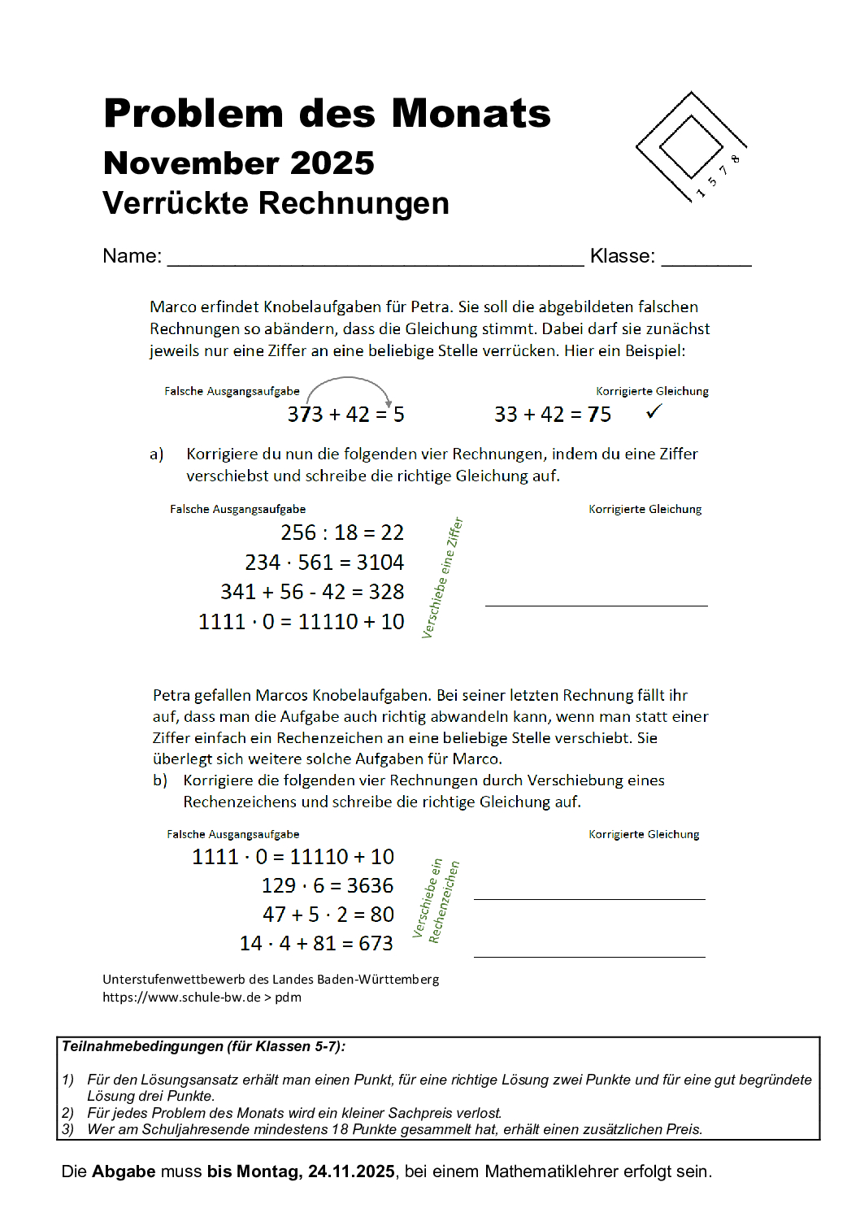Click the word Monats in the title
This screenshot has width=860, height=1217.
tap(471, 113)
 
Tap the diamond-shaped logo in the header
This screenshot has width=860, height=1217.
tap(690, 146)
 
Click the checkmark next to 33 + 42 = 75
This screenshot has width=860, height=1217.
tap(654, 412)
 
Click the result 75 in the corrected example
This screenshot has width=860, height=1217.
tap(599, 415)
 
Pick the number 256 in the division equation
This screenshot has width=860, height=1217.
tap(298, 532)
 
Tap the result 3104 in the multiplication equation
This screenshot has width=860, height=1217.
tap(380, 563)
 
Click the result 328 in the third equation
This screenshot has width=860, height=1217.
tap(386, 592)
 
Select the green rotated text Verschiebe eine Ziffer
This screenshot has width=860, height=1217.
tap(442, 577)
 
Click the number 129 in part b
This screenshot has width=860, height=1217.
tap(279, 885)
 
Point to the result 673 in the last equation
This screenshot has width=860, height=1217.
tap(376, 943)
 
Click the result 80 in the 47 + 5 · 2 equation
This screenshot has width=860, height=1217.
tap(382, 915)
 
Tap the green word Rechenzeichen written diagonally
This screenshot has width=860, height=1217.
tap(445, 902)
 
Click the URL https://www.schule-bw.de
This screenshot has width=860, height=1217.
tap(181, 998)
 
